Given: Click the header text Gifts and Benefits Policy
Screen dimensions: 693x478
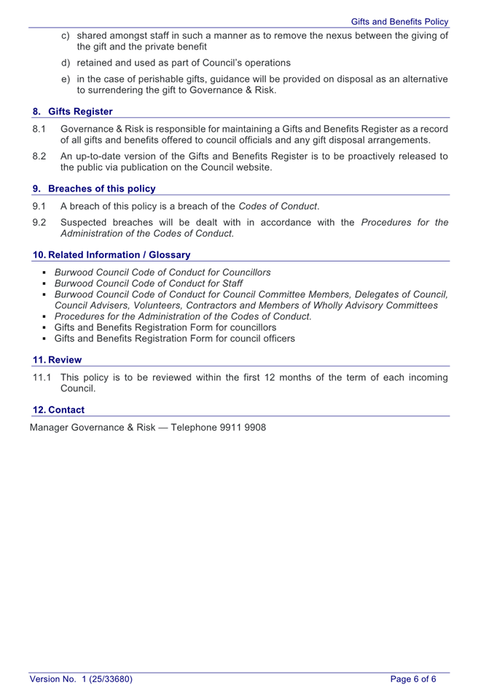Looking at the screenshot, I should tap(399, 22).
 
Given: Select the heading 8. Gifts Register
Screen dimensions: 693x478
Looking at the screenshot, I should tap(73, 111).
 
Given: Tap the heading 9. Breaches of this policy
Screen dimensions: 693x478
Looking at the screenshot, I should tap(94, 189).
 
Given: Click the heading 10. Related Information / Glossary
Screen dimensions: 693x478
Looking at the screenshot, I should tap(111, 255).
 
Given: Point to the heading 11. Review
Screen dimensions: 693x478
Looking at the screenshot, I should tap(58, 360).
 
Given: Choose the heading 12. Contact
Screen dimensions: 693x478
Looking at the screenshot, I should tap(59, 410).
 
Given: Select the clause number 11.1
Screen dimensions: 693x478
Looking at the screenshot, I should tap(42, 377).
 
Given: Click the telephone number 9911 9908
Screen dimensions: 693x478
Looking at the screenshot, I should tap(243, 427).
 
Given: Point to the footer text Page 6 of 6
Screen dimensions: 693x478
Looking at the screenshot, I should tap(413, 679).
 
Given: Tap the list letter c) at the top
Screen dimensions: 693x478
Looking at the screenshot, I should tap(66, 36).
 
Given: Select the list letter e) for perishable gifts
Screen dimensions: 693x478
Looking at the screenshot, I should tap(66, 79).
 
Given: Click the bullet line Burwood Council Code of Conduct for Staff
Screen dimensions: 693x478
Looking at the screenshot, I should tap(149, 283).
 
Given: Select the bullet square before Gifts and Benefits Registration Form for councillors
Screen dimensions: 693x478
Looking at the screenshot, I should tap(44, 328).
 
